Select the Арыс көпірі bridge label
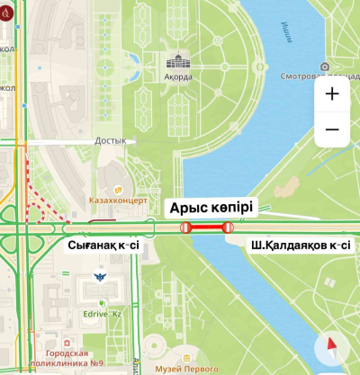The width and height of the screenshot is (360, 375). tap(212, 208)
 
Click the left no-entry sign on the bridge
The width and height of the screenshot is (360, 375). tap(185, 228)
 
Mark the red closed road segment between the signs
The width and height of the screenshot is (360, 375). tap(207, 228)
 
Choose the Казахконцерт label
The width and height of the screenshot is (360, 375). tap(118, 201)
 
